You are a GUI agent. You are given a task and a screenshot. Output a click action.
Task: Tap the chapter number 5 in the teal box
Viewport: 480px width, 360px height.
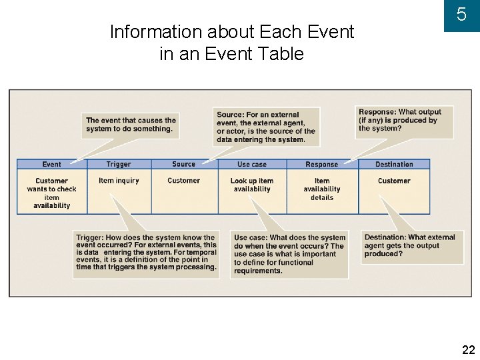(x=461, y=15)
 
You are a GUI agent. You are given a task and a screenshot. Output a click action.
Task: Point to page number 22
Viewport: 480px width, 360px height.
(x=468, y=349)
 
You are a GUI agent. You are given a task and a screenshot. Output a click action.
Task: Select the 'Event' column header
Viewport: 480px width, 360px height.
(x=51, y=164)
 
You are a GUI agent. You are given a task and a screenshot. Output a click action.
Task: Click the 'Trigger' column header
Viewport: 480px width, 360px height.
(x=119, y=164)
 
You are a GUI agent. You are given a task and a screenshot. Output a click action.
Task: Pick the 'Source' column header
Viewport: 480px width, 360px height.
(x=183, y=164)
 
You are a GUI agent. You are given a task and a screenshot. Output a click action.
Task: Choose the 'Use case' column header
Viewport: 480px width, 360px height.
(x=252, y=164)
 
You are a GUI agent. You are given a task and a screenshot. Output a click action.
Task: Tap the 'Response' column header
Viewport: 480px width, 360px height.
(x=321, y=164)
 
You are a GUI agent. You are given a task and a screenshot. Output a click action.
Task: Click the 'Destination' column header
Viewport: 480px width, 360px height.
(x=394, y=164)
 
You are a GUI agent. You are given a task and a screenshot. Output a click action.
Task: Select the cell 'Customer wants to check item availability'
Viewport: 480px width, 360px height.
(x=51, y=193)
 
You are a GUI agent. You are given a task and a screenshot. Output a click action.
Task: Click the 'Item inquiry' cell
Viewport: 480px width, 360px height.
(x=119, y=181)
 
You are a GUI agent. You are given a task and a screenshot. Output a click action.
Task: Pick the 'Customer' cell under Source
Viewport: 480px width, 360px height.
(x=183, y=181)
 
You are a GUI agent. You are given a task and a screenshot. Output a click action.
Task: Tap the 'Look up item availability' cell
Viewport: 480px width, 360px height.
(x=252, y=185)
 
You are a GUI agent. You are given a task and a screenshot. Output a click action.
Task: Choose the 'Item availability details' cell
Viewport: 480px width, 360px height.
(x=321, y=189)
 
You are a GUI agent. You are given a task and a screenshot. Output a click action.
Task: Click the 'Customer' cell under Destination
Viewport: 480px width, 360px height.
(x=394, y=181)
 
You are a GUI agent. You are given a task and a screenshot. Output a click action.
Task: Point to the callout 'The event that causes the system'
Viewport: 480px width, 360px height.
(x=131, y=125)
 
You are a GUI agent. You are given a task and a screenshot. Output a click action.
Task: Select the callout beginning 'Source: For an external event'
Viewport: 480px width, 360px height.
(x=266, y=127)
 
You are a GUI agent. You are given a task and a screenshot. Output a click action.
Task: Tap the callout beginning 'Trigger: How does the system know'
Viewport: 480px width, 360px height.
(x=146, y=252)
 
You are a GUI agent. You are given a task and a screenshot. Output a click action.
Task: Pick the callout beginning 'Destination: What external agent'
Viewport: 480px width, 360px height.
(x=409, y=245)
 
